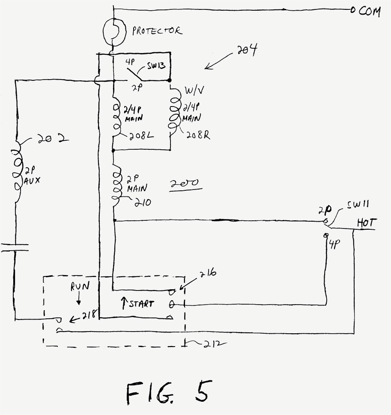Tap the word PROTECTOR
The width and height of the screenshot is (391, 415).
[x=157, y=31]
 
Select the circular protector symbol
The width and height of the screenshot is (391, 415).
[x=114, y=32]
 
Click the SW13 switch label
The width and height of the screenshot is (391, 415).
[x=156, y=65]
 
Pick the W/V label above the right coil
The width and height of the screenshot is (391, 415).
[x=194, y=91]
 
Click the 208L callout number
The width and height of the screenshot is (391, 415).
[x=141, y=136]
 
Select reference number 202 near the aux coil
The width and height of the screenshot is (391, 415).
[x=53, y=139]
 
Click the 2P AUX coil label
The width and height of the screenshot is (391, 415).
[x=32, y=176]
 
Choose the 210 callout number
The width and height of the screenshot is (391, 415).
[x=143, y=203]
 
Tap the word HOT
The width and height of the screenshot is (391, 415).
[x=366, y=223]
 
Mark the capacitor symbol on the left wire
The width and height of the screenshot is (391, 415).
[x=15, y=248]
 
